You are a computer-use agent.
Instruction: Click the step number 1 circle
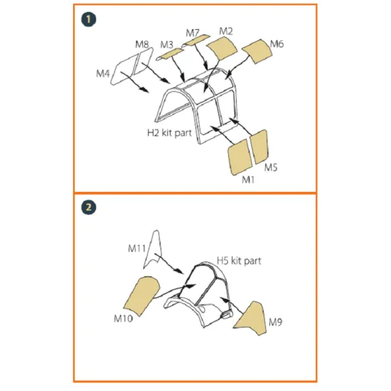[x=89, y=19]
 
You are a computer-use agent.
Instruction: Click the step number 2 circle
[x=89, y=207]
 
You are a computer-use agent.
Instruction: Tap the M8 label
[x=142, y=44]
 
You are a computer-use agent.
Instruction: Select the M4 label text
[x=103, y=73]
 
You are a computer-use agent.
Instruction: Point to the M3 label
[x=166, y=45]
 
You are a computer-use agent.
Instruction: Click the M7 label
[x=193, y=33]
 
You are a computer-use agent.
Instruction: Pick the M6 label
[x=277, y=44]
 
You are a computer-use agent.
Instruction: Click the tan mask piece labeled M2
[x=222, y=48]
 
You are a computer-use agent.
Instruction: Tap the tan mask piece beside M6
[x=257, y=51]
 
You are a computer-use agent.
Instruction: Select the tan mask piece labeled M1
[x=240, y=157]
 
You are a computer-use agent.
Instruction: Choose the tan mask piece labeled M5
[x=259, y=146]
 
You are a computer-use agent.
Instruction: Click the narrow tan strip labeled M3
[x=170, y=54]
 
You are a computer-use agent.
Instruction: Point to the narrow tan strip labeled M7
[x=195, y=41]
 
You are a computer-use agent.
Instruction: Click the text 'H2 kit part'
[x=170, y=133]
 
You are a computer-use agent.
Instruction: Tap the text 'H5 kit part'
[x=239, y=261]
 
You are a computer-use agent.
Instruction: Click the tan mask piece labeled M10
[x=141, y=296]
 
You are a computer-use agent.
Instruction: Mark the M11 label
[x=136, y=248]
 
